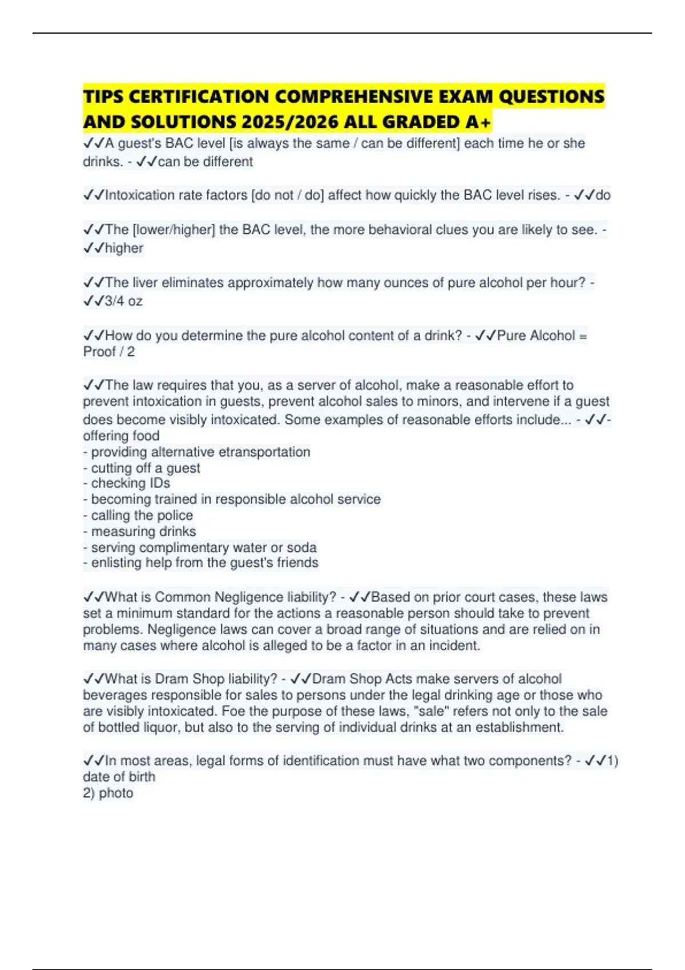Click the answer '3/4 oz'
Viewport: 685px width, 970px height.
coord(123,301)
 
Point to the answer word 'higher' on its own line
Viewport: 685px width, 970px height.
coord(124,248)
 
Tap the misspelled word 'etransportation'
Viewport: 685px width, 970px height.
coord(264,452)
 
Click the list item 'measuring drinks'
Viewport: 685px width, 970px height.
coord(143,531)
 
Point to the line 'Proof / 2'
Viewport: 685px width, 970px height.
coord(109,351)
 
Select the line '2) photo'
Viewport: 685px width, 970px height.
coord(108,793)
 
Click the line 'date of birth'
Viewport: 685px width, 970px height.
coord(119,777)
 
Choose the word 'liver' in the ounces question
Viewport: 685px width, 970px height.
coord(145,282)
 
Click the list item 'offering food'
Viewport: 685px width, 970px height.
coord(121,436)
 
